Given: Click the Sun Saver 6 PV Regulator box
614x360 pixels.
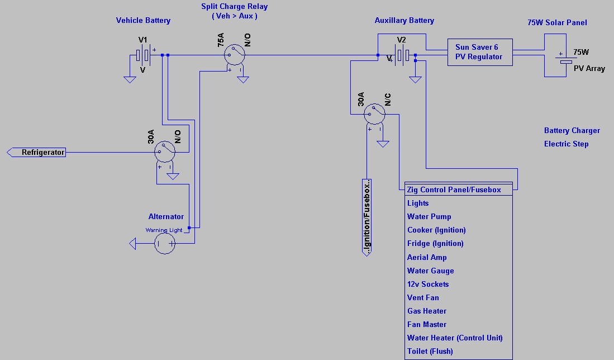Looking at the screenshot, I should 480,52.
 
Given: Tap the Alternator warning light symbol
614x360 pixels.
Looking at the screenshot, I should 165,243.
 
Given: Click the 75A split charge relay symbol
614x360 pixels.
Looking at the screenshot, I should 235,55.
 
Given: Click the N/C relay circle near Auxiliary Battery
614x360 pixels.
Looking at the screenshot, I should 374,115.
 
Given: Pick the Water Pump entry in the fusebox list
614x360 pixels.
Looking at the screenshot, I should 429,217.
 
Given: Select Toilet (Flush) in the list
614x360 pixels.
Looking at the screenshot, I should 430,352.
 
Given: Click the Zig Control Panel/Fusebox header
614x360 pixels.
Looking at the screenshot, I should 454,190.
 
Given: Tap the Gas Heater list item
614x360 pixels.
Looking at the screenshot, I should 427,311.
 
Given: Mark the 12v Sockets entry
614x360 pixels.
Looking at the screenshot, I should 428,285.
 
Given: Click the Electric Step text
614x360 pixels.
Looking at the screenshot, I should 566,144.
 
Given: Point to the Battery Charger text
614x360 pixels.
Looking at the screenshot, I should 572,131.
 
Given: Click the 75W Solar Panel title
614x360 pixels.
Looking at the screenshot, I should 557,23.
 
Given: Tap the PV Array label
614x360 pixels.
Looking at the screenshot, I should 589,69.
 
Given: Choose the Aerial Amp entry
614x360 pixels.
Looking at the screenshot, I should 427,258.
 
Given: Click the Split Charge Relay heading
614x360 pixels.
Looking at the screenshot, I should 234,7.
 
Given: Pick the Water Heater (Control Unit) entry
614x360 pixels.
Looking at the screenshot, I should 455,338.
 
